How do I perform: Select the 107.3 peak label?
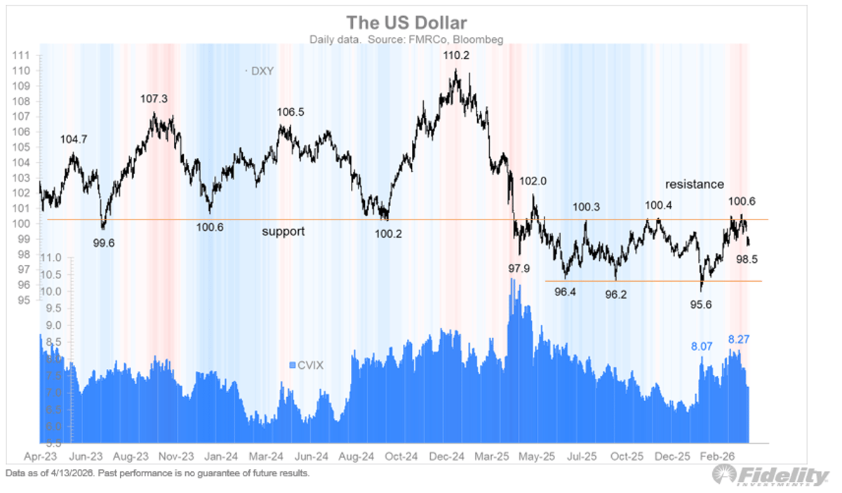click(x=154, y=100)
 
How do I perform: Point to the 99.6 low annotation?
click(x=103, y=243)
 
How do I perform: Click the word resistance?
click(x=694, y=184)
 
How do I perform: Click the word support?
click(x=283, y=231)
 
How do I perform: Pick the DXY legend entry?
click(x=262, y=71)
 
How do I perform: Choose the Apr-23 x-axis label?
click(x=39, y=456)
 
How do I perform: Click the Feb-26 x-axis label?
click(x=717, y=456)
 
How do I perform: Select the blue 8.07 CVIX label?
click(x=702, y=346)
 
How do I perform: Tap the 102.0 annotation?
click(x=533, y=181)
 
